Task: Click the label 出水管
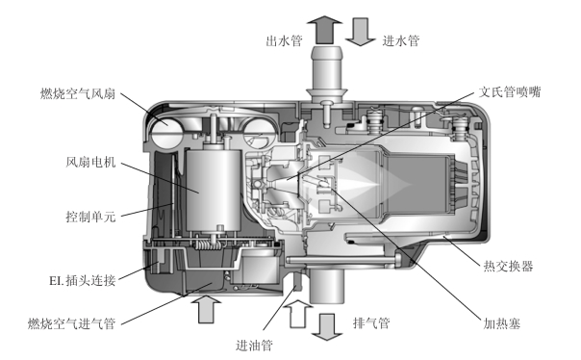click(x=284, y=40)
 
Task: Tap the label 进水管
click(x=401, y=40)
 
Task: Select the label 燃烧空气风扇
click(x=78, y=93)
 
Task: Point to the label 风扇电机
click(x=90, y=162)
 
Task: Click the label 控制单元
click(x=90, y=217)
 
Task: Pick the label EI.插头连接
click(x=83, y=281)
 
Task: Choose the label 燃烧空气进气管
click(x=71, y=323)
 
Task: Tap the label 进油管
click(x=254, y=346)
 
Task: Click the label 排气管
click(x=371, y=322)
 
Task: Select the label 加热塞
click(x=502, y=323)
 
